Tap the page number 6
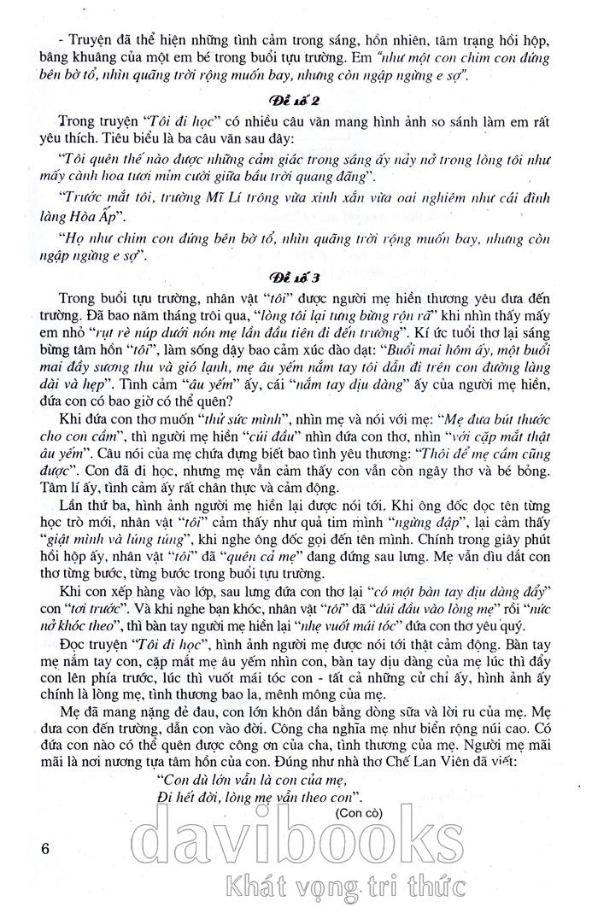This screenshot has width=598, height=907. tap(46, 849)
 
